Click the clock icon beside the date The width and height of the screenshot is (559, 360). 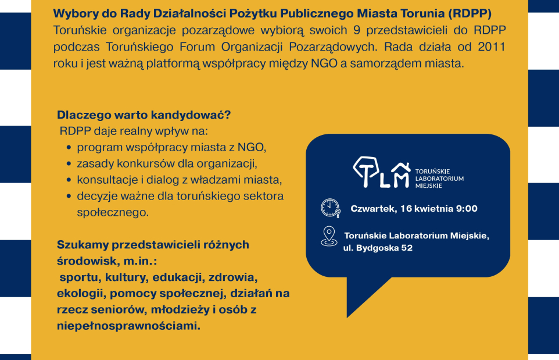[x=329, y=208]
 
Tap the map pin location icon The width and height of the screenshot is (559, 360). [x=329, y=236]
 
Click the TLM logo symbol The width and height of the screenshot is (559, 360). [x=381, y=172]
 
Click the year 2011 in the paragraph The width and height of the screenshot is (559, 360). [x=492, y=46]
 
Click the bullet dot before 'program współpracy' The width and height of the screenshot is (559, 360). [x=70, y=148]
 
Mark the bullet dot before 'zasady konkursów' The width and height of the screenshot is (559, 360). [x=70, y=164]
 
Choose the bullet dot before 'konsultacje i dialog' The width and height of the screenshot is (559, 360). [x=70, y=180]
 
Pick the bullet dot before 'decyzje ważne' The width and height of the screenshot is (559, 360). [x=70, y=197]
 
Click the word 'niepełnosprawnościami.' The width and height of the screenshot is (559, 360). [x=128, y=326]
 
